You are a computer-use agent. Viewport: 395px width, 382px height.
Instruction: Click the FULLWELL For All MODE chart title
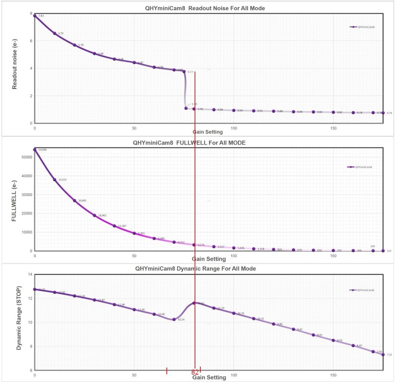(x=189, y=143)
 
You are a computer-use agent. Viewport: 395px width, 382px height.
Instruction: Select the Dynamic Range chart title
(x=196, y=269)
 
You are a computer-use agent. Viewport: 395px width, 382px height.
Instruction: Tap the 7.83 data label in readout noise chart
(x=40, y=16)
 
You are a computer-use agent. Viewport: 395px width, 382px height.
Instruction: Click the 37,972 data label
(x=62, y=180)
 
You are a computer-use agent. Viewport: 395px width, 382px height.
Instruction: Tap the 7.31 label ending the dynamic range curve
(x=389, y=355)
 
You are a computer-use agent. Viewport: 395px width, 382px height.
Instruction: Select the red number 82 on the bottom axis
(x=195, y=372)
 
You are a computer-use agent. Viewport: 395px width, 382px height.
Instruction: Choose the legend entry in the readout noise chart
(x=363, y=27)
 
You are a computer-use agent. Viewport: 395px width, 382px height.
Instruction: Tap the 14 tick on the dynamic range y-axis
(x=29, y=275)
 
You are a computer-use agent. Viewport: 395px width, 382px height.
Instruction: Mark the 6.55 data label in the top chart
(x=61, y=33)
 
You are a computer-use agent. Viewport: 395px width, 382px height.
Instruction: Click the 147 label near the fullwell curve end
(x=373, y=246)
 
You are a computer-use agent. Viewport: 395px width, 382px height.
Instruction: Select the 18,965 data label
(x=102, y=215)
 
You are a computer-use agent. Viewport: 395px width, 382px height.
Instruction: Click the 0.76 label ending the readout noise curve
(x=389, y=113)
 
